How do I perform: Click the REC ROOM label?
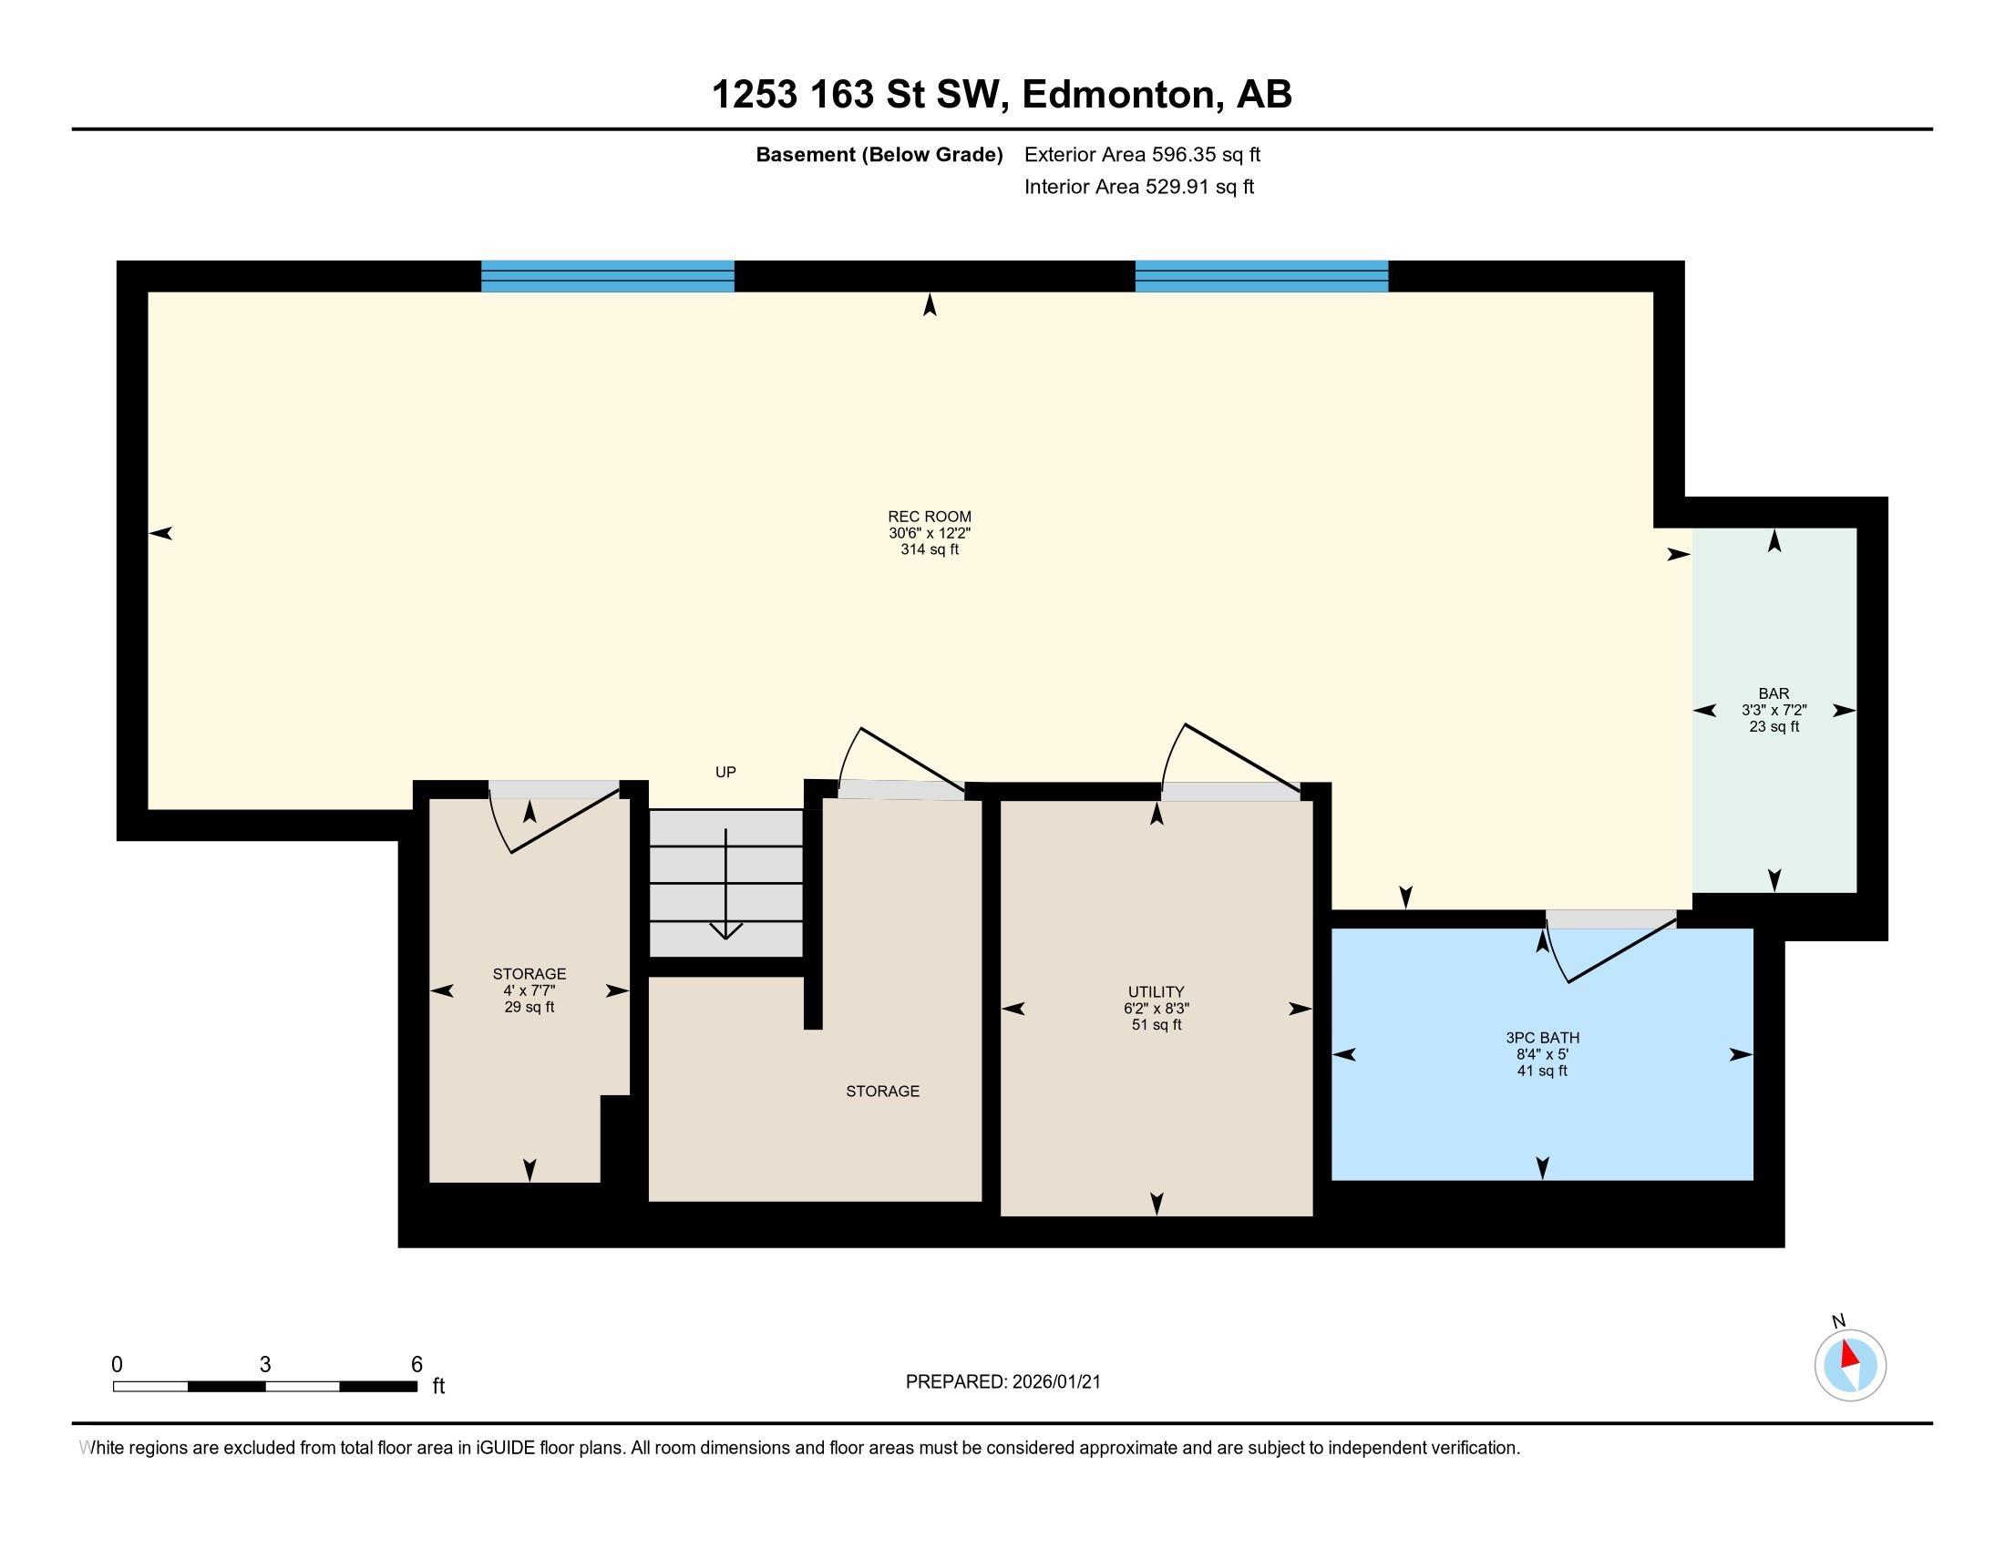coord(929,517)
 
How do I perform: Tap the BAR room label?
coord(1774,693)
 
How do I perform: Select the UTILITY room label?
coord(1156,992)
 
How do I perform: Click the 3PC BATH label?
coord(1542,1038)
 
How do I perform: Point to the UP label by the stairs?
coord(725,773)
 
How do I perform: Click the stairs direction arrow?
coord(726,884)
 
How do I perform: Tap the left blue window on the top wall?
coord(608,276)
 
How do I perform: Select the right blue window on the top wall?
coord(1261,276)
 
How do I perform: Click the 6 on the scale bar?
coord(416,1365)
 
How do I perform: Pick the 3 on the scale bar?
coord(265,1365)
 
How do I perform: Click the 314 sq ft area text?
coord(929,549)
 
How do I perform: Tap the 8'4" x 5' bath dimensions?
coord(1542,1054)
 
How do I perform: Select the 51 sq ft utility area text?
coord(1156,1025)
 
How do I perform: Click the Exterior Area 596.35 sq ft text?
coord(1142,154)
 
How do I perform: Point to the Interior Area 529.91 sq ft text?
coord(1138,186)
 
